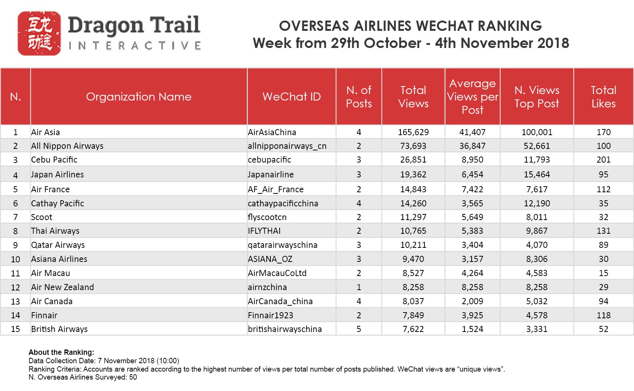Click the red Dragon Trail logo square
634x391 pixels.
(x=39, y=34)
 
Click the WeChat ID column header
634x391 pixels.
(x=292, y=97)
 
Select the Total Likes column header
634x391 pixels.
(x=604, y=97)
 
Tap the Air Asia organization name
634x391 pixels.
(x=45, y=132)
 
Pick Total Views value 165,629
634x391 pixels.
(x=413, y=132)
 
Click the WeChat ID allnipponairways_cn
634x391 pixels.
(x=287, y=146)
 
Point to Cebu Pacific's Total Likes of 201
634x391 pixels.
(x=604, y=160)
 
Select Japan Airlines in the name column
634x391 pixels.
(x=57, y=174)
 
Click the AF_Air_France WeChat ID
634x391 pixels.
(x=276, y=189)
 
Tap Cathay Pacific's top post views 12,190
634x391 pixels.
(x=537, y=203)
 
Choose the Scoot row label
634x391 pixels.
(x=41, y=217)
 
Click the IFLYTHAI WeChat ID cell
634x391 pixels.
(x=264, y=231)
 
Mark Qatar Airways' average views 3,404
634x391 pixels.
(x=472, y=245)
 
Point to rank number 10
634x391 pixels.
(x=15, y=259)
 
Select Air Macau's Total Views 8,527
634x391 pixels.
(x=413, y=273)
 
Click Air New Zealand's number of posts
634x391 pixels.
(x=359, y=287)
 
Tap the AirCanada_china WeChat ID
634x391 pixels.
(x=280, y=301)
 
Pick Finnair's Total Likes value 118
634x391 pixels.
(x=604, y=315)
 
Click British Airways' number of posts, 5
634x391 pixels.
(x=359, y=329)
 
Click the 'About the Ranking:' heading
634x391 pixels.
(x=61, y=352)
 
